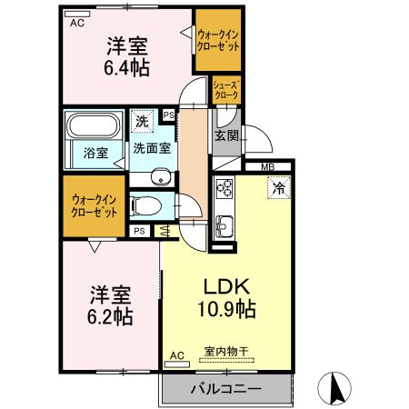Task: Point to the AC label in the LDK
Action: tap(177, 355)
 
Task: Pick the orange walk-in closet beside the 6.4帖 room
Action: tap(218, 42)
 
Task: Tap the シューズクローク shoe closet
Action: tap(226, 88)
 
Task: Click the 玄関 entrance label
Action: tap(226, 135)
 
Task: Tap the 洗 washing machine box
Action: tap(142, 120)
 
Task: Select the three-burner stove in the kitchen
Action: tap(224, 190)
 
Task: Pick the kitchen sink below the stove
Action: tap(224, 225)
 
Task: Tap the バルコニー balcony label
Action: tap(225, 388)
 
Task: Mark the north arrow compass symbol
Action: tap(334, 388)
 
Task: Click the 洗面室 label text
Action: tap(151, 146)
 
